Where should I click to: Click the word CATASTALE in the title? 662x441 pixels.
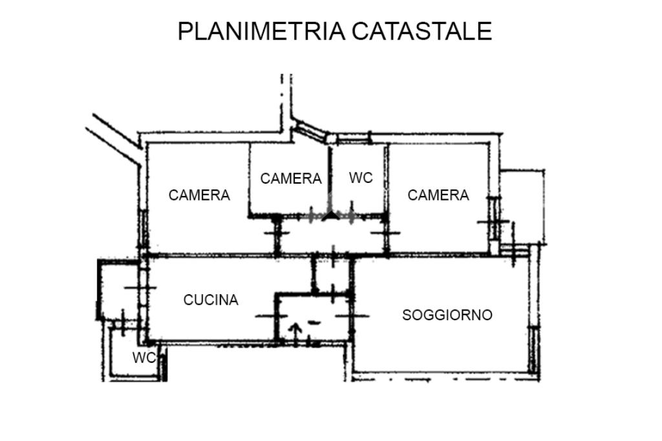click(x=422, y=31)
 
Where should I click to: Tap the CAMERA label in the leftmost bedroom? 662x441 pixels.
click(x=199, y=195)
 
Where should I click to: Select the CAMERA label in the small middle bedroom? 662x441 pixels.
click(x=291, y=178)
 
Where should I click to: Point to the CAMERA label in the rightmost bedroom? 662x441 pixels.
click(x=438, y=195)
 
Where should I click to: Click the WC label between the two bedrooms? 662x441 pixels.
click(x=361, y=178)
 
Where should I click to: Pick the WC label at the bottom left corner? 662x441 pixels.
click(x=144, y=358)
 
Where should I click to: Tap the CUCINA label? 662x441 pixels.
click(x=211, y=300)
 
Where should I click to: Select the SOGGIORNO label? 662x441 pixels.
click(x=447, y=315)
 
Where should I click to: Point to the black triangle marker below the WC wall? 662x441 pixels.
click(x=331, y=215)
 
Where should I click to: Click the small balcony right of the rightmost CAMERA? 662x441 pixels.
click(x=522, y=207)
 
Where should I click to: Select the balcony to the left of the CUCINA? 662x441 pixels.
click(x=118, y=290)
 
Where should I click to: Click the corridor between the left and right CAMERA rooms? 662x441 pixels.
click(x=332, y=235)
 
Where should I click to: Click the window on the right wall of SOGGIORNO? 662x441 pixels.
click(x=534, y=349)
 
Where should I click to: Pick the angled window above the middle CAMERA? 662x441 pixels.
click(x=310, y=130)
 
